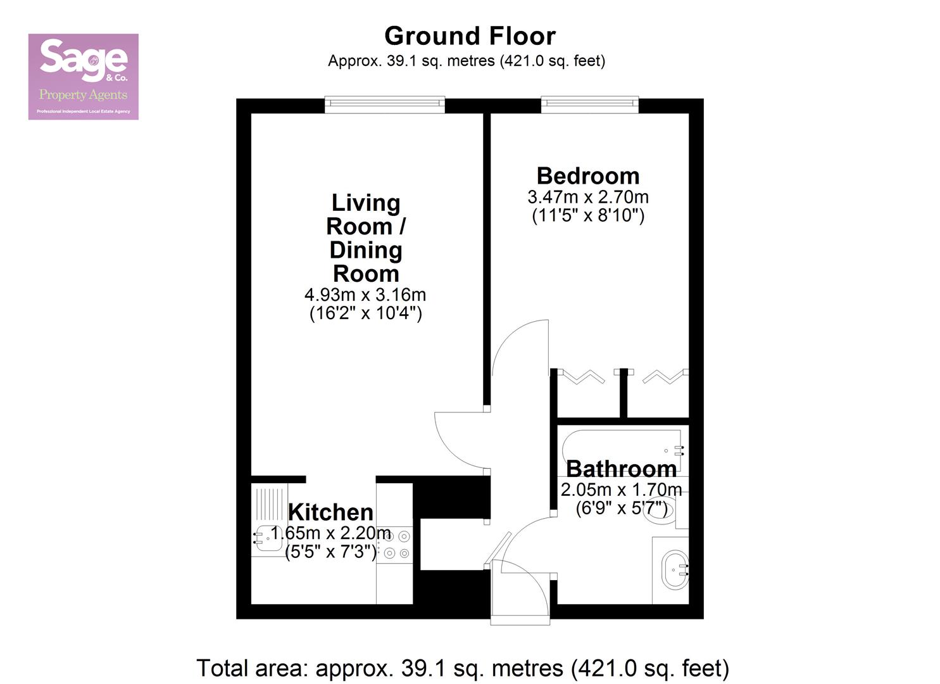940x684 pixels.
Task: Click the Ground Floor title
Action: (x=470, y=36)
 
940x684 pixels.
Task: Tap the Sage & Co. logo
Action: (x=83, y=77)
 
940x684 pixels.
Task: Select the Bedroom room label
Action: (x=587, y=175)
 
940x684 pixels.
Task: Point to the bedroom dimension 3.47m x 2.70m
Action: (x=587, y=197)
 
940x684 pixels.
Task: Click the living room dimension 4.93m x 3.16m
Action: (x=365, y=294)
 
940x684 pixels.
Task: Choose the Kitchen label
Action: (x=330, y=512)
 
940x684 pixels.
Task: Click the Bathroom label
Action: (x=621, y=469)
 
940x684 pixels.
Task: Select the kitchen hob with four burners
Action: (x=396, y=545)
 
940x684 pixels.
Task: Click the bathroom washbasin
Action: (x=674, y=569)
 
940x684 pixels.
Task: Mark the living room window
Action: (x=384, y=104)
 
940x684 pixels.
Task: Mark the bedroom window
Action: (x=589, y=104)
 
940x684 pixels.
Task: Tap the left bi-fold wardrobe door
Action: (x=583, y=378)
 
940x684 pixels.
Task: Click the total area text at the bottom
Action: (x=463, y=668)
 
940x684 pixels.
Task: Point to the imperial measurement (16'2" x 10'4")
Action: (x=365, y=313)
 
